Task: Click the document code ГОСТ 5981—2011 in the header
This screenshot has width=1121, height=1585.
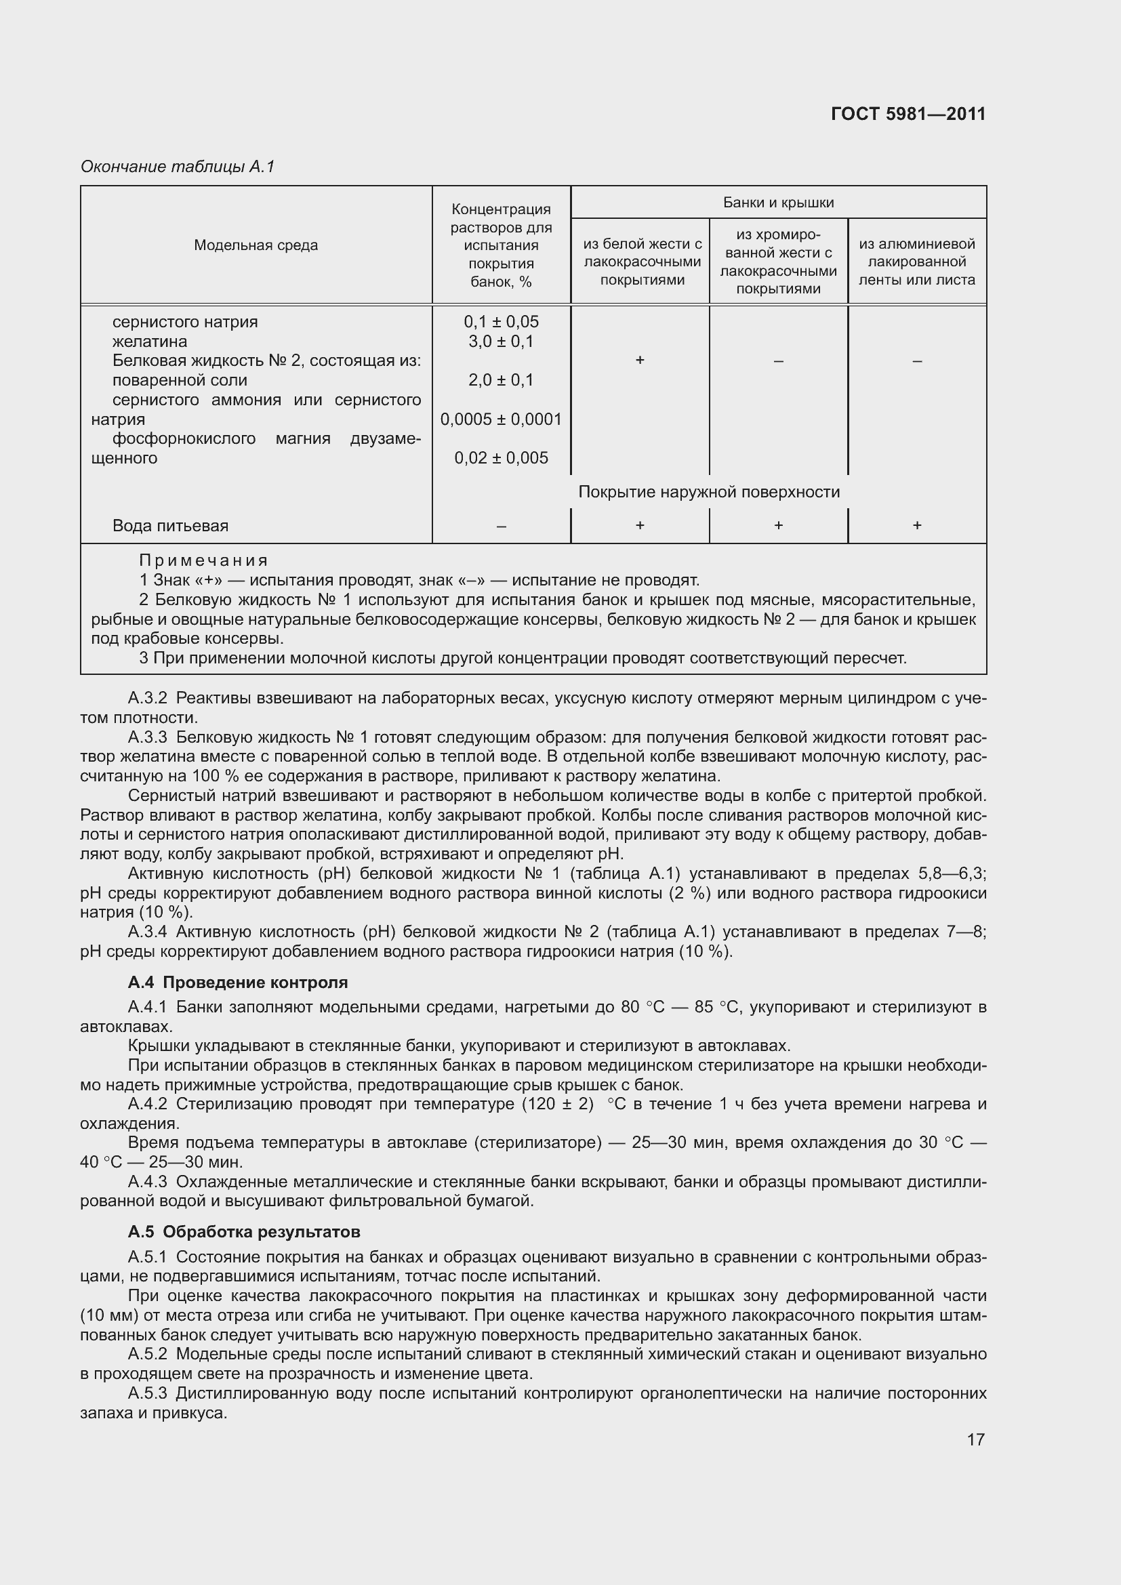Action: point(908,114)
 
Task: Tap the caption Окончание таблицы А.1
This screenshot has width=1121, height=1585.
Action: point(178,167)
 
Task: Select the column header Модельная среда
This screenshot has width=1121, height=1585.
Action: point(256,245)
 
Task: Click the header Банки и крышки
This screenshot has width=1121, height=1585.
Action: point(778,202)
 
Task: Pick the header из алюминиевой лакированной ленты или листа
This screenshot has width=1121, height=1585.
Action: point(917,262)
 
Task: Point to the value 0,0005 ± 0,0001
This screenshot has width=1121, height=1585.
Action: point(501,419)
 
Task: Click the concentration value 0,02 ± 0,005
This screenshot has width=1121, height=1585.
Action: point(501,457)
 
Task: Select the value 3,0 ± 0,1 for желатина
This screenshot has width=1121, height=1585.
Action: point(501,341)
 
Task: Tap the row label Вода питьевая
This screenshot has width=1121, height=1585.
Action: point(170,525)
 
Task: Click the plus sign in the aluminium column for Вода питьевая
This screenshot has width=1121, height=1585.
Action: point(917,525)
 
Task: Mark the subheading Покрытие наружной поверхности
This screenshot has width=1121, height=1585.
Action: point(709,491)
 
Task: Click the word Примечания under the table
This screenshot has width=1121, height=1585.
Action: point(203,560)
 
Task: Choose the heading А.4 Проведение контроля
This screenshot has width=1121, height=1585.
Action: point(237,982)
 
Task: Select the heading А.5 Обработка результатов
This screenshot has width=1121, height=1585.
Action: point(244,1231)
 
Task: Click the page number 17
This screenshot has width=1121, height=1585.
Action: point(975,1439)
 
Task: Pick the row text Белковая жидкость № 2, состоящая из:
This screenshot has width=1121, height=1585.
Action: point(266,361)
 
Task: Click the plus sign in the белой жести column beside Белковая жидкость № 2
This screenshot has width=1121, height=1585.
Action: point(640,361)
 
